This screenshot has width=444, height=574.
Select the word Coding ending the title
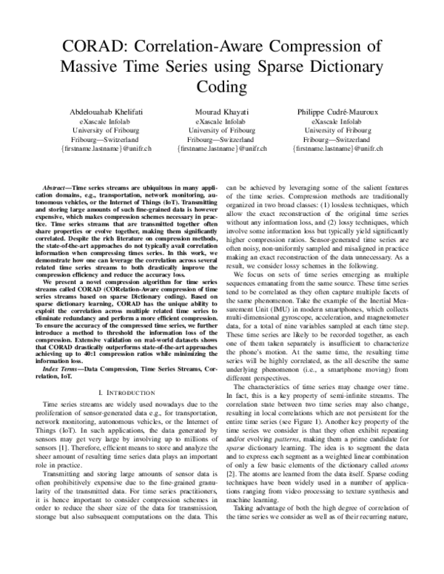click(221, 87)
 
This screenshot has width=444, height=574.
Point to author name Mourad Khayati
click(221, 111)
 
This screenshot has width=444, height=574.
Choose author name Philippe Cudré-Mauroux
click(337, 111)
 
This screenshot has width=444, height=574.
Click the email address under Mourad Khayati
click(221, 149)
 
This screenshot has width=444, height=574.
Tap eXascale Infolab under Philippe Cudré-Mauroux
click(337, 121)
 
